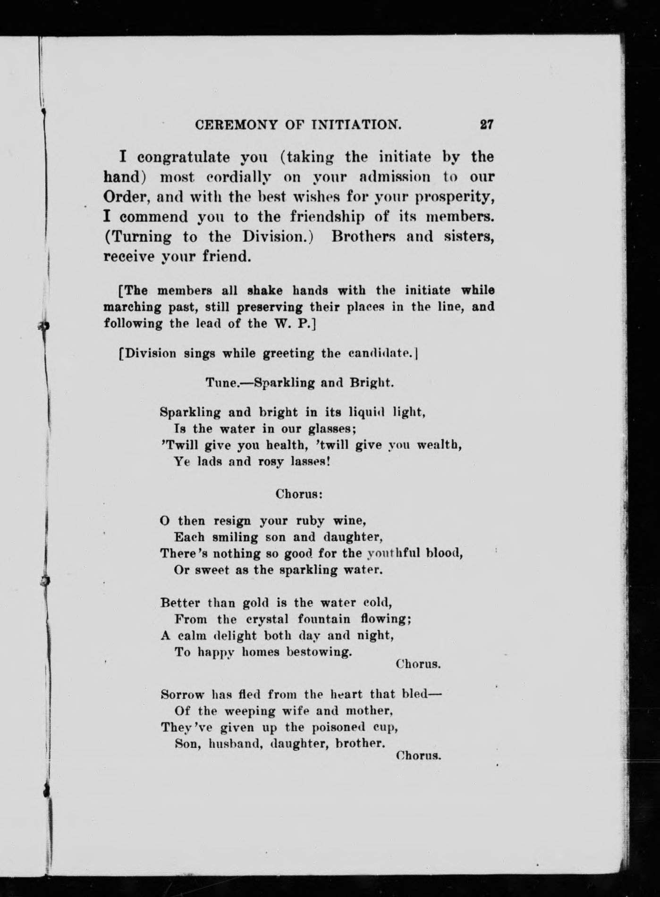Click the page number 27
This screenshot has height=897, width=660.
click(486, 125)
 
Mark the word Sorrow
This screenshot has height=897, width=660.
click(182, 695)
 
